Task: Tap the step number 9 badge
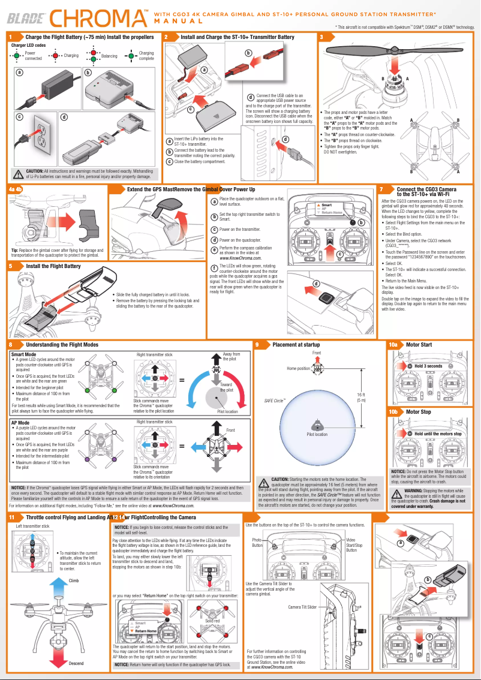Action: tap(257, 345)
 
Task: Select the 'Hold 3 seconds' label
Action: tap(428, 366)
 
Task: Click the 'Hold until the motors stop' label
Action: tap(437, 434)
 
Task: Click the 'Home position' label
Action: tap(298, 368)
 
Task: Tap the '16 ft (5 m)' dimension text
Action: tap(361, 397)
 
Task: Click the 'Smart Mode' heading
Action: tap(23, 354)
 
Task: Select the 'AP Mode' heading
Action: tap(20, 423)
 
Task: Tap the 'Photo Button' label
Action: tap(257, 542)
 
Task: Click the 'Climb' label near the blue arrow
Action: tap(74, 580)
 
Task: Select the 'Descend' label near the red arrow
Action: tap(76, 663)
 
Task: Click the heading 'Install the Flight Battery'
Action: tap(53, 266)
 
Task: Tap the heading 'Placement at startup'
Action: tap(296, 345)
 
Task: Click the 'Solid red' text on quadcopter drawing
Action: tap(212, 637)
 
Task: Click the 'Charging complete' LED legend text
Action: tap(146, 56)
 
